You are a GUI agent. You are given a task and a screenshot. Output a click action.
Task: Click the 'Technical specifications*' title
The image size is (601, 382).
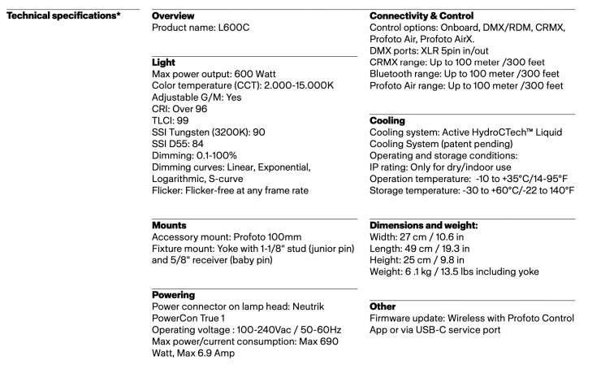coord(64,16)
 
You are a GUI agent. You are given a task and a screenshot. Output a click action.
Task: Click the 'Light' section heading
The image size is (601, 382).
coord(163,63)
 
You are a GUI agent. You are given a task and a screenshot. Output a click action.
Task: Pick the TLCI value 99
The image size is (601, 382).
coord(183,120)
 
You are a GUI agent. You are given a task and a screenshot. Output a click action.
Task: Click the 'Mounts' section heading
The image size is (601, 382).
coord(169,225)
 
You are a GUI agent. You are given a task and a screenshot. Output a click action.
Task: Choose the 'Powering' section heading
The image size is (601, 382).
coord(174,295)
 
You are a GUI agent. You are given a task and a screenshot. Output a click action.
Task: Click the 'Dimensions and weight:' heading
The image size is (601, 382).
coord(423,225)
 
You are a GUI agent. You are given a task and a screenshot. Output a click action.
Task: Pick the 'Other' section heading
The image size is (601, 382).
coord(384,306)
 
